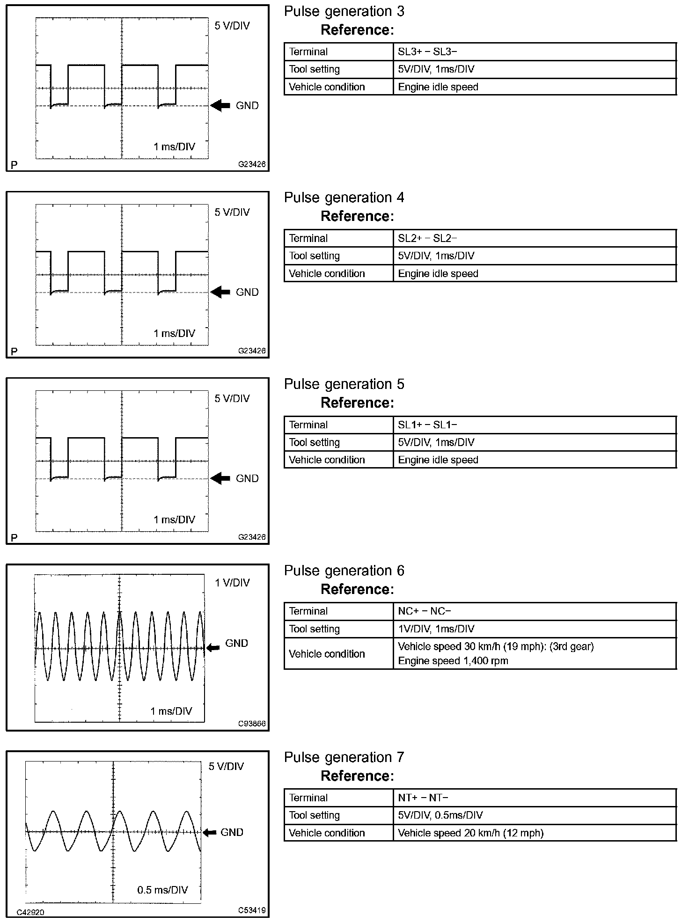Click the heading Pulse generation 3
tap(344, 12)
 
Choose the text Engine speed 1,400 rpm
tap(453, 661)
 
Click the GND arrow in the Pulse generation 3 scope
tap(220, 106)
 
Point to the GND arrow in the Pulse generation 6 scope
tap(213, 648)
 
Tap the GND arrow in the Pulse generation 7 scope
tap(209, 833)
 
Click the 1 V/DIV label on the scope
tap(232, 583)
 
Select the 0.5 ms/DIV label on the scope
tap(162, 890)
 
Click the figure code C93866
tap(252, 724)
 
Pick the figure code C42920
tap(30, 912)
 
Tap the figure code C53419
tap(252, 910)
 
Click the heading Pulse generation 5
tap(344, 384)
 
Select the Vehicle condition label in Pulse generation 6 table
tap(327, 654)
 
